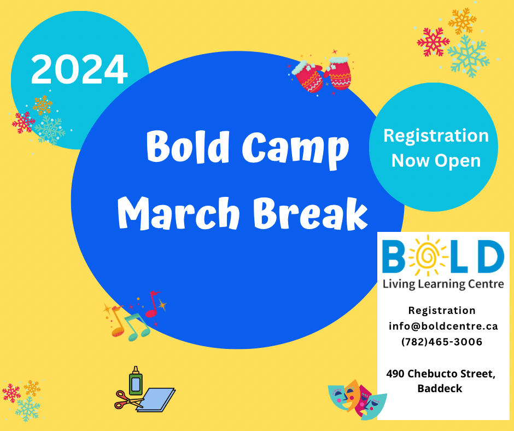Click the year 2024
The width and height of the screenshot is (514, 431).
coord(79,69)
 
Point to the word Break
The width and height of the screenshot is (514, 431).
coord(311,213)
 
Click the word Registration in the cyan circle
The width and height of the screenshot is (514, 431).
coord(436,136)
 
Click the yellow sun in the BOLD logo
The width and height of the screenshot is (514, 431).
coord(427,255)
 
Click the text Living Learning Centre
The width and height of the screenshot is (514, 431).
coord(443,284)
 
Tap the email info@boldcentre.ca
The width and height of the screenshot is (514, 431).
coord(443,327)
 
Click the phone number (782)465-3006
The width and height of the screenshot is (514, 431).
coord(442,342)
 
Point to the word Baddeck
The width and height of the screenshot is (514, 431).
coord(440,388)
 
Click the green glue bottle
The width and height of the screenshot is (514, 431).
coord(136,381)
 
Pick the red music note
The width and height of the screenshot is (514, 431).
coord(152,305)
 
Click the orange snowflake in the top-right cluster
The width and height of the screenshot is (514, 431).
coord(462,21)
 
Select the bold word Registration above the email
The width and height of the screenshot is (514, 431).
coord(442,310)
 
